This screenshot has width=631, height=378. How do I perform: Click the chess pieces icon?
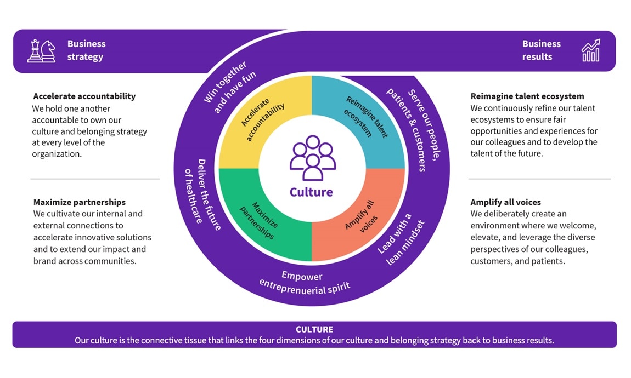[42, 50]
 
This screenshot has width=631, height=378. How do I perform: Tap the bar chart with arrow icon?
[591, 50]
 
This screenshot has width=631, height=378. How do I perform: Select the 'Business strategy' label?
[86, 50]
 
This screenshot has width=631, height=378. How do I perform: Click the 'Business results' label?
[541, 50]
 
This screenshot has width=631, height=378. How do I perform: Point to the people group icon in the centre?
[313, 158]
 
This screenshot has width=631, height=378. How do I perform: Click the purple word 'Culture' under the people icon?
[311, 192]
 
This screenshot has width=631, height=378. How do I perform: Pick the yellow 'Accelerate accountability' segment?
[257, 117]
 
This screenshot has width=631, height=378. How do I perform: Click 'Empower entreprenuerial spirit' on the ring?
[304, 283]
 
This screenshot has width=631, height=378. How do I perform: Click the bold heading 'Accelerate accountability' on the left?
[84, 96]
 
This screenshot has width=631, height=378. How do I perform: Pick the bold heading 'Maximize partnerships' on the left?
[79, 202]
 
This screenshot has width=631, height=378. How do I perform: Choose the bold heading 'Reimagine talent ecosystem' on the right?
[527, 96]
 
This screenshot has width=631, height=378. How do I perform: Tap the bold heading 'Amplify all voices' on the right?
[505, 202]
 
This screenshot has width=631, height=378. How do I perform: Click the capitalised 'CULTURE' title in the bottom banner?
[314, 329]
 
